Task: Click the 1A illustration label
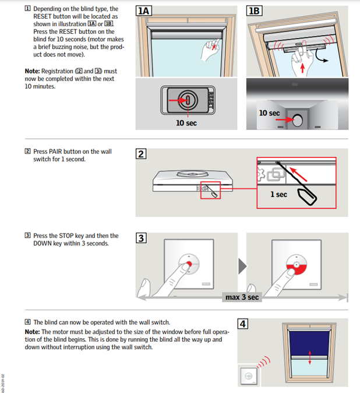144,11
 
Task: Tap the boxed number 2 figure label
141,155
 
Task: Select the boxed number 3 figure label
141,238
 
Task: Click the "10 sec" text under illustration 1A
187,123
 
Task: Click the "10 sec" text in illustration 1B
270,113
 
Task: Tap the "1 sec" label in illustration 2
278,194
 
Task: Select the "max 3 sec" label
242,297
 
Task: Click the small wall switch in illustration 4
248,376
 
